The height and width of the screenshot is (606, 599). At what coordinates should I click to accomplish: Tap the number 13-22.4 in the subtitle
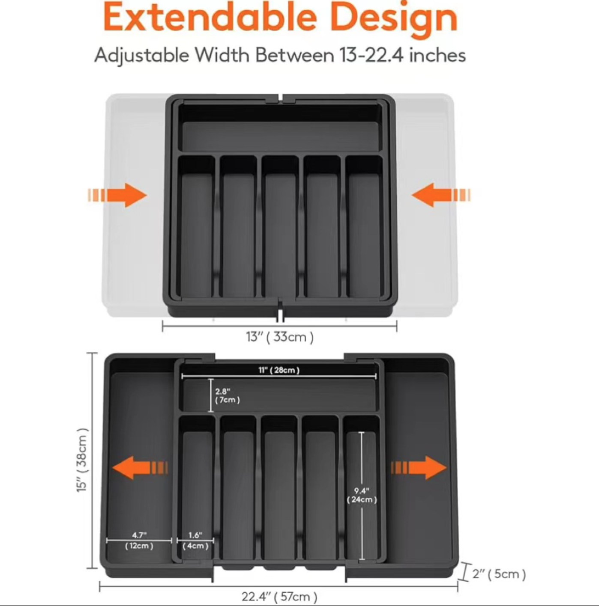coord(371,56)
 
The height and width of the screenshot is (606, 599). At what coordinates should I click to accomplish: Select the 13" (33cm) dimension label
coord(280,337)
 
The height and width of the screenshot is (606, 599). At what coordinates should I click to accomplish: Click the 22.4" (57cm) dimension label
coord(279,596)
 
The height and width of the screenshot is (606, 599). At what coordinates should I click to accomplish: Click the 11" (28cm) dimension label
coord(279,370)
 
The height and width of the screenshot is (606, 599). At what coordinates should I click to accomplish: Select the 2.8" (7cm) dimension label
coord(227,395)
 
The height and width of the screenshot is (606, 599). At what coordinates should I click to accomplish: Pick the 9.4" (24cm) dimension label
coord(362,495)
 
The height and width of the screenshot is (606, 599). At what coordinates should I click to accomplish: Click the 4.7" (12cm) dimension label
coord(139,541)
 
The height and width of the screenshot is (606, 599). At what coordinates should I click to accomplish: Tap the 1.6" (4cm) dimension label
coord(195,541)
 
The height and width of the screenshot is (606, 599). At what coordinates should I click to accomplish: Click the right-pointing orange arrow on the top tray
coord(117,195)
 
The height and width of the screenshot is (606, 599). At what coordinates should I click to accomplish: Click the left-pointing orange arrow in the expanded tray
coord(140,467)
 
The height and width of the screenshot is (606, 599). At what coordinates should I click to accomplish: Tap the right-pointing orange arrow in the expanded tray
coord(419,467)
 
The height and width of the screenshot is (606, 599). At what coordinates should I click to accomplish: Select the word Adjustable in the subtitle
coord(141,56)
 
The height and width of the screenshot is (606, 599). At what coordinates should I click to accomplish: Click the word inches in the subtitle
coord(437,56)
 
